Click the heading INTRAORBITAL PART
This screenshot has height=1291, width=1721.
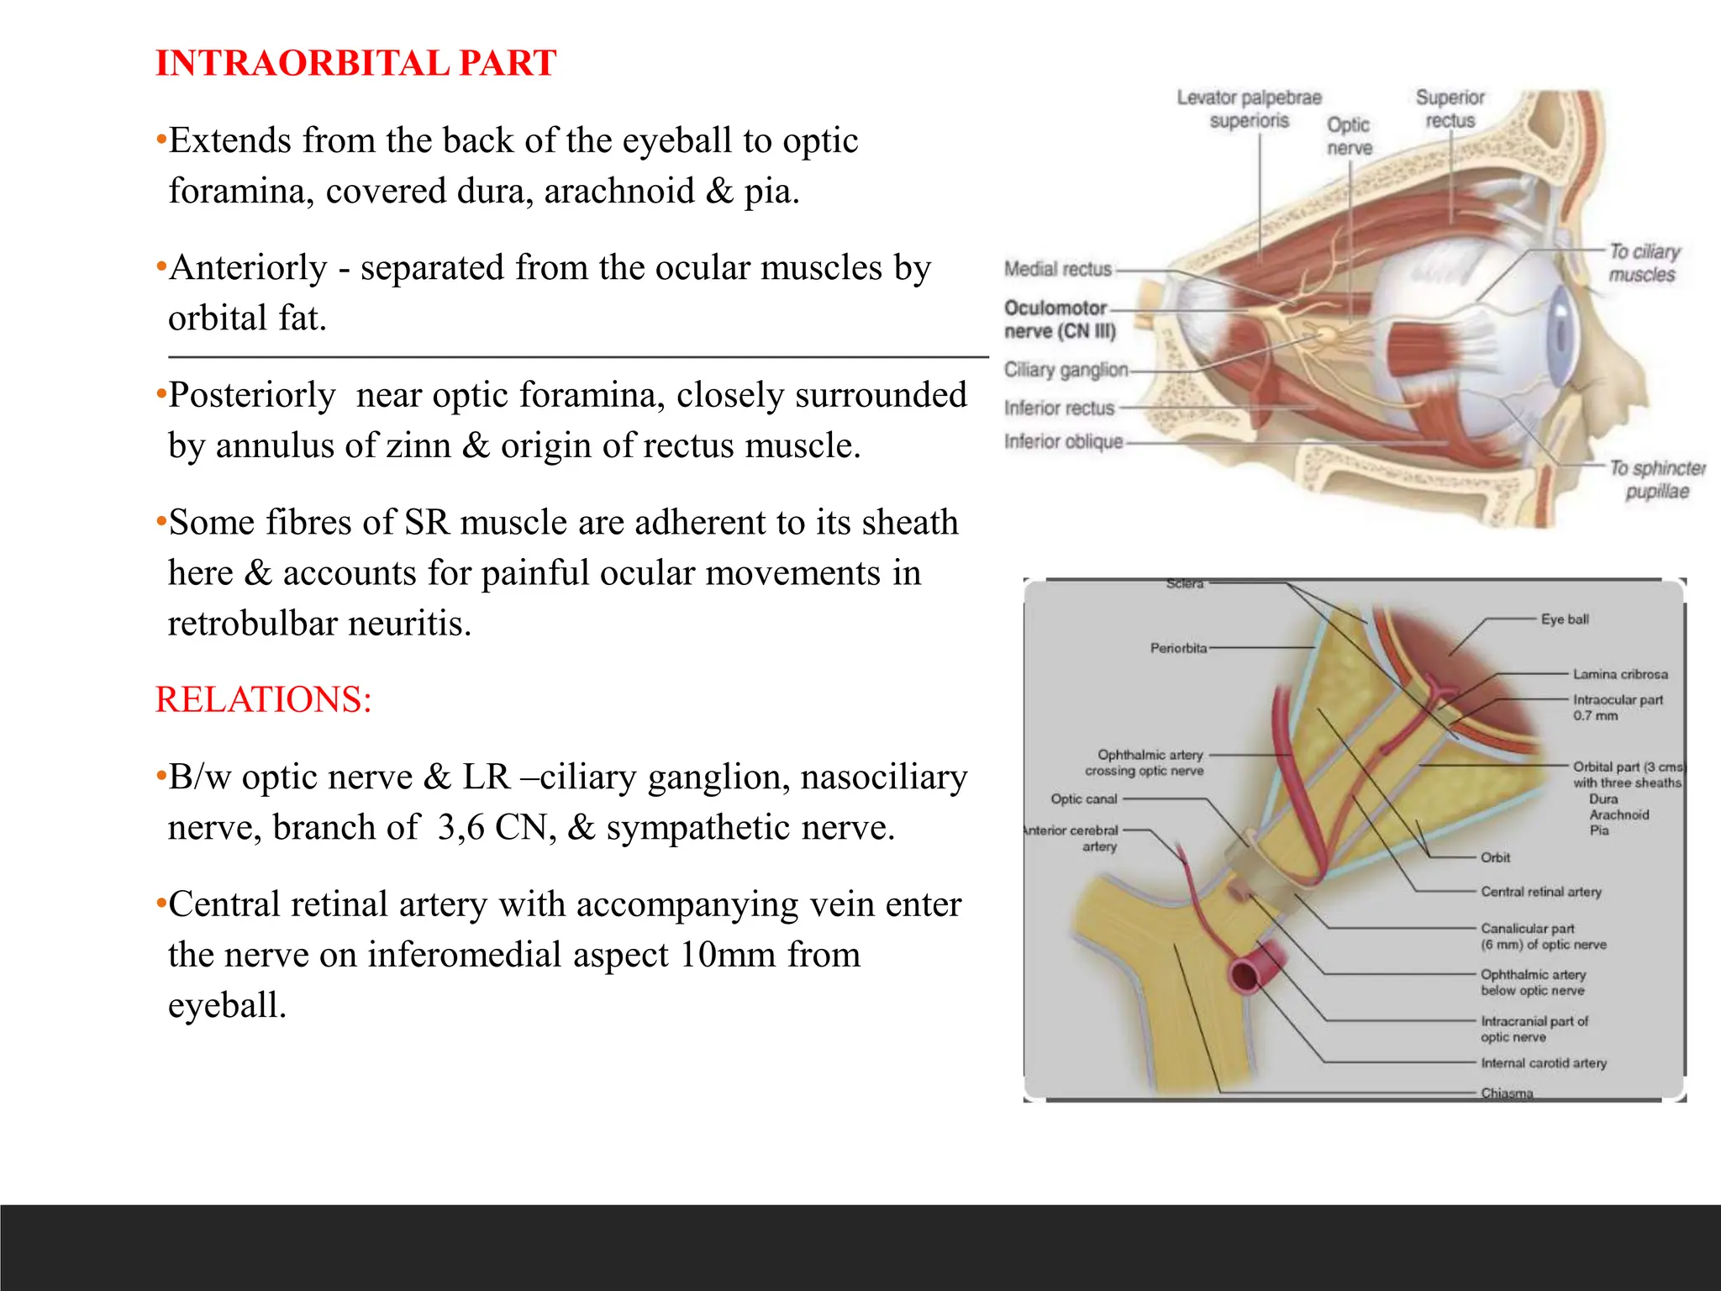point(355,63)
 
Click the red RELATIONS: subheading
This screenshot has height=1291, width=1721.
point(263,699)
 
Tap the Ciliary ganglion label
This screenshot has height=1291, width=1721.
point(1066,370)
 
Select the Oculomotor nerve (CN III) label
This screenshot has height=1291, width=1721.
point(1059,319)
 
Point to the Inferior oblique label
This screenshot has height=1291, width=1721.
point(1063,441)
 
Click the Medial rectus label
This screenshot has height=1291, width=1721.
point(1057,269)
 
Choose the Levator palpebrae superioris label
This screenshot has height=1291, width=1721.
point(1249,109)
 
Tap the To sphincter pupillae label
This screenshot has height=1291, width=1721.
point(1656,479)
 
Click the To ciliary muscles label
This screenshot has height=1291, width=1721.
point(1644,263)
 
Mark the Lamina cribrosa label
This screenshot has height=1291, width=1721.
point(1620,674)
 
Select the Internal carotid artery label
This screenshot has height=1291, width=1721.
point(1544,1063)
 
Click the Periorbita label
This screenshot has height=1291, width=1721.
point(1178,648)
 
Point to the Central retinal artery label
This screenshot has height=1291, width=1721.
point(1541,892)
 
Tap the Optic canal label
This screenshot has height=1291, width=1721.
point(1084,799)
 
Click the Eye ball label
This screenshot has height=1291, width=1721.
point(1565,619)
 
